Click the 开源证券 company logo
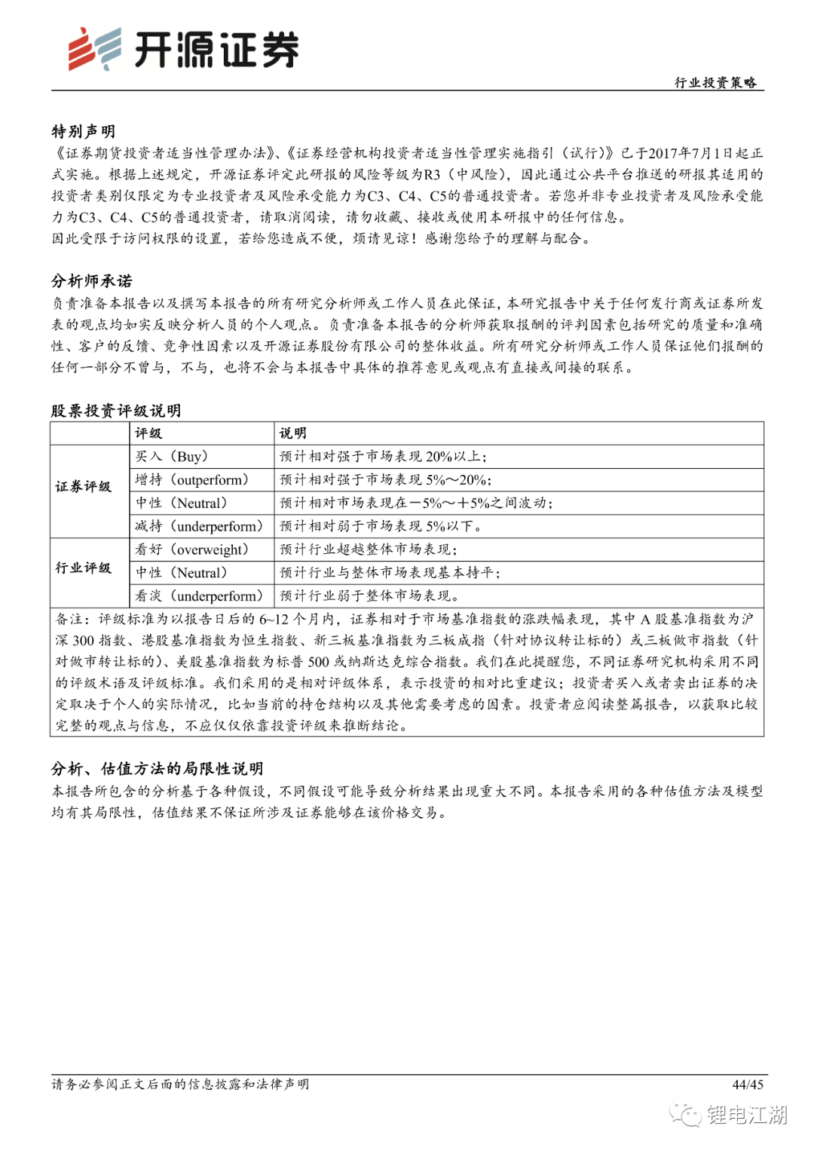tap(183, 50)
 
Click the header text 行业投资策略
tap(715, 82)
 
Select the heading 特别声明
tap(83, 131)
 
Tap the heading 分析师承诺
tap(91, 281)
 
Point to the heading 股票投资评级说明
tap(115, 410)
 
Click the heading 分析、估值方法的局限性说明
tap(157, 768)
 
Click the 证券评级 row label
tap(83, 487)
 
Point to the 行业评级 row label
tap(83, 568)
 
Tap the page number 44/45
tap(748, 1085)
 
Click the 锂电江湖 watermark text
tap(746, 1115)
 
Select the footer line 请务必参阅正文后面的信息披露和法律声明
tap(180, 1085)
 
